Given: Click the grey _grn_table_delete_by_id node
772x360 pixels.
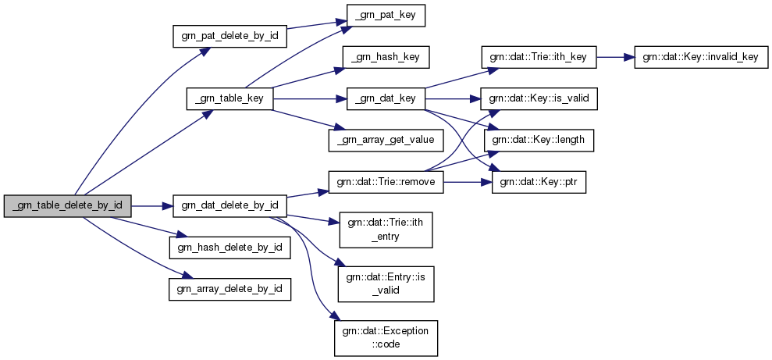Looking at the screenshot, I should pyautogui.click(x=67, y=207).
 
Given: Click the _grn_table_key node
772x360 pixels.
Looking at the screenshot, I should pyautogui.click(x=229, y=98).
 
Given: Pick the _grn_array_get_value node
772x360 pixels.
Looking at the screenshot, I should pyautogui.click(x=386, y=140).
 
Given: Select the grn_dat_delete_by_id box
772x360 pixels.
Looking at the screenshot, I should pyautogui.click(x=229, y=207).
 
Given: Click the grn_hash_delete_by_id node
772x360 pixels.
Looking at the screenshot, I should pyautogui.click(x=229, y=248).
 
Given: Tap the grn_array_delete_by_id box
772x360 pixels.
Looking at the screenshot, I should pyautogui.click(x=229, y=289).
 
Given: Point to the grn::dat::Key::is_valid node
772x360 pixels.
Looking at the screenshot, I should pyautogui.click(x=539, y=98).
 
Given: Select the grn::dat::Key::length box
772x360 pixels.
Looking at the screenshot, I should pyautogui.click(x=539, y=140).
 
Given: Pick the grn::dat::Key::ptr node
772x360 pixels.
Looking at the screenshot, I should pyautogui.click(x=539, y=181).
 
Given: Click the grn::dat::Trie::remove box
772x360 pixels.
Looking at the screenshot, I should pyautogui.click(x=386, y=181).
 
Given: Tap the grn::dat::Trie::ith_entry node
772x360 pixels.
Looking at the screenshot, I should pyautogui.click(x=386, y=229).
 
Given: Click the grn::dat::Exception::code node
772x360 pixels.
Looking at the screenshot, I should pyautogui.click(x=386, y=337).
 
